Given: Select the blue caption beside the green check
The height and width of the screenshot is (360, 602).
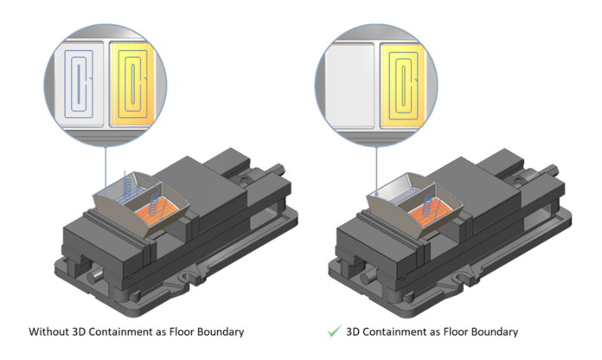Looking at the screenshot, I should tap(433, 331).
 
